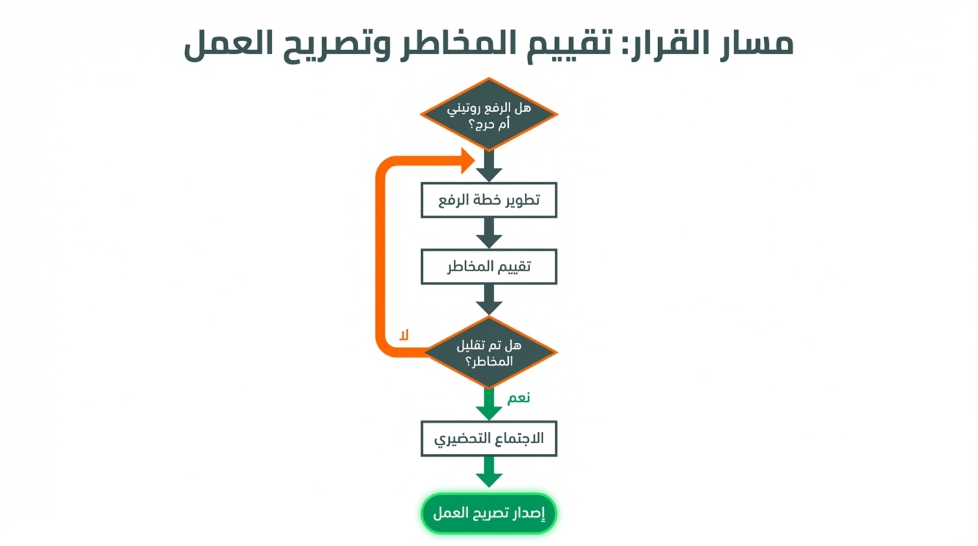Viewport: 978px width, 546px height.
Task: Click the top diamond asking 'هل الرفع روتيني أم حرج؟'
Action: click(x=488, y=114)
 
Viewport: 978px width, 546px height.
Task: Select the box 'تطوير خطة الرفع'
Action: click(x=488, y=200)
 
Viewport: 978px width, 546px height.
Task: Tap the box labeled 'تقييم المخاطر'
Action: click(x=488, y=266)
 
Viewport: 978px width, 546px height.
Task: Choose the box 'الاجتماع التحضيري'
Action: click(x=488, y=438)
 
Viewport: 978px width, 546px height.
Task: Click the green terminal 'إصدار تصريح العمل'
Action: click(x=488, y=513)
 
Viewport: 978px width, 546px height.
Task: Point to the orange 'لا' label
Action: click(x=404, y=335)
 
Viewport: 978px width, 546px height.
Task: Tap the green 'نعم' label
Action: click(x=518, y=398)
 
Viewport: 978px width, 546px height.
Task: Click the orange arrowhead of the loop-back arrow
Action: click(x=467, y=160)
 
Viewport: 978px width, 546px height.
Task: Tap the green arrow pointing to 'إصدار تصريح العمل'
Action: click(x=488, y=472)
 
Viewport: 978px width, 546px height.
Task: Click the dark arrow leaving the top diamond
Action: click(x=488, y=166)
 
